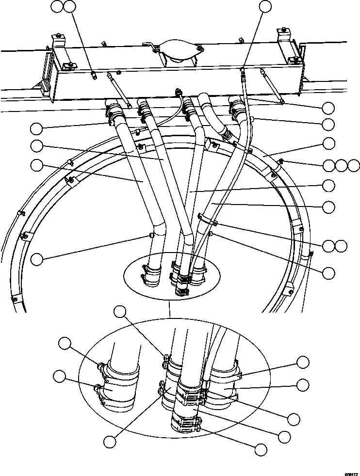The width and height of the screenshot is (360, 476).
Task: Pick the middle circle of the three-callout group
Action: [342, 165]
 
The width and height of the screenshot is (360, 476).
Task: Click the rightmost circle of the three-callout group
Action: [354, 165]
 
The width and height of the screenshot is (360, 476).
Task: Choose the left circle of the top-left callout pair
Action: [58, 6]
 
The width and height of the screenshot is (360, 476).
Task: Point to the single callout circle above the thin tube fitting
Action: [265, 6]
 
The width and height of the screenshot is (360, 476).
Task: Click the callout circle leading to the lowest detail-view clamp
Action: [261, 449]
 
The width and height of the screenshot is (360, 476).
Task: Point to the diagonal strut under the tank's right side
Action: [271, 87]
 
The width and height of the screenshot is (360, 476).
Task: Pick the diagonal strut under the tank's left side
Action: [119, 89]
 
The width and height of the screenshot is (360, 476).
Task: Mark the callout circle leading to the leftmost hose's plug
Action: [37, 259]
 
